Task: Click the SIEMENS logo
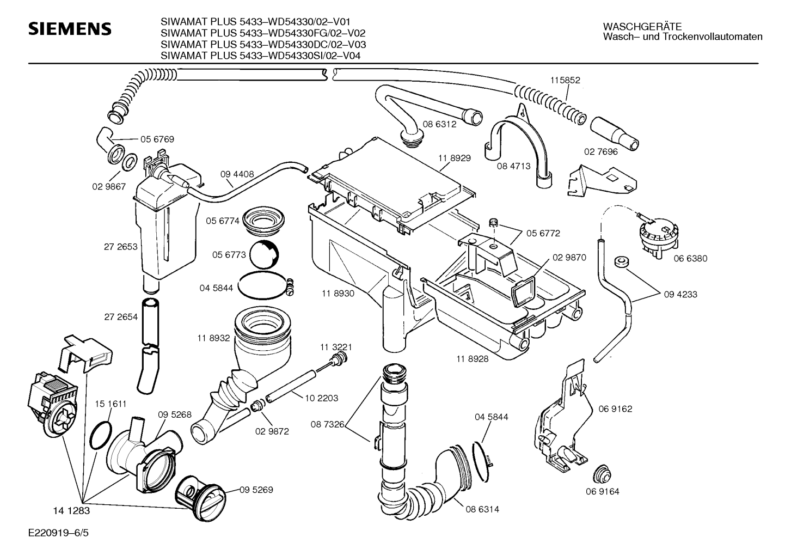(x=70, y=29)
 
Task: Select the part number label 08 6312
(x=439, y=124)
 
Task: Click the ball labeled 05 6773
(x=264, y=255)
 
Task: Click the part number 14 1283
(x=71, y=511)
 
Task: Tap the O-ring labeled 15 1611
(x=101, y=435)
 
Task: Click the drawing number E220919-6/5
(x=59, y=533)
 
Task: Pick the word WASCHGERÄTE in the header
(x=642, y=27)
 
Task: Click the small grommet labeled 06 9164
(x=603, y=474)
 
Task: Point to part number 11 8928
(x=472, y=359)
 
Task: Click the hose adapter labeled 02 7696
(x=615, y=134)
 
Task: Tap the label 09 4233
(x=680, y=294)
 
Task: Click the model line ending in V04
(x=260, y=56)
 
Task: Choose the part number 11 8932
(x=213, y=338)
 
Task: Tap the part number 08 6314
(x=482, y=509)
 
